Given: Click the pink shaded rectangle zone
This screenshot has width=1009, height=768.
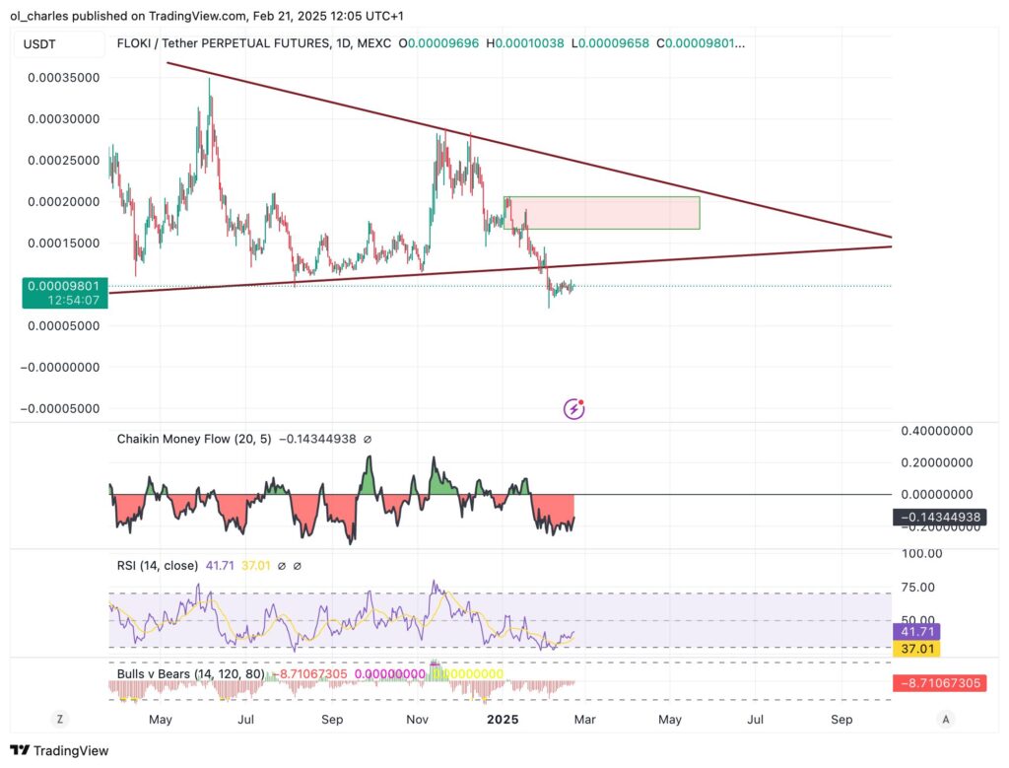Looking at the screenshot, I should pyautogui.click(x=601, y=213).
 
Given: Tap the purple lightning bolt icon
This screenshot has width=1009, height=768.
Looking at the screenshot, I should pyautogui.click(x=573, y=409).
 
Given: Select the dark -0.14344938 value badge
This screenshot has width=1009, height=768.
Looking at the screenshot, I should pyautogui.click(x=937, y=517).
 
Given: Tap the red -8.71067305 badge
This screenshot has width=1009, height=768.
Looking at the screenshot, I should pyautogui.click(x=937, y=683).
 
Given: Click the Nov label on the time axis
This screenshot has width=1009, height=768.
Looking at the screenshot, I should pyautogui.click(x=418, y=720).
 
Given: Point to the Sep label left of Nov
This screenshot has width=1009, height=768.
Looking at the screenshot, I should pyautogui.click(x=332, y=720).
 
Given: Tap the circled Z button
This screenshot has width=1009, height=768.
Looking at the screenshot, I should pyautogui.click(x=60, y=719).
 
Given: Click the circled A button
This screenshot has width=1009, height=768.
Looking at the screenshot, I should pyautogui.click(x=945, y=719).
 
